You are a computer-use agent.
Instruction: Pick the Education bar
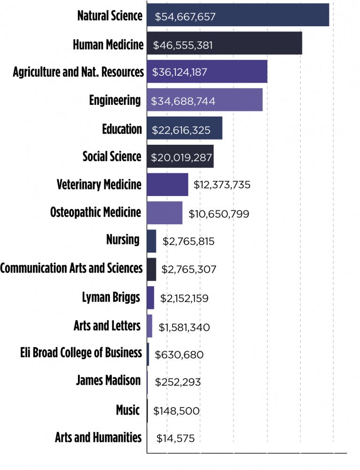point(184,129)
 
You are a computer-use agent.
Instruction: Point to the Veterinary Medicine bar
point(167,184)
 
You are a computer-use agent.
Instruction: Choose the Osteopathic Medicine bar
point(164,213)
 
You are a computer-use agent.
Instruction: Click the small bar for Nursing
point(151,241)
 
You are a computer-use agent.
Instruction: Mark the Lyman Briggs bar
point(150,298)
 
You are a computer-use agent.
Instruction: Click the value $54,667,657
point(185,17)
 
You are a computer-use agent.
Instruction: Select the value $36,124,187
point(180,73)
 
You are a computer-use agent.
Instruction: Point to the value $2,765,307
point(188,270)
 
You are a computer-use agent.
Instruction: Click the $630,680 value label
point(179,354)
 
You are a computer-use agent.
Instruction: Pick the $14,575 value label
point(176,439)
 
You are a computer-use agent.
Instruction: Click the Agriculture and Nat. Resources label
point(78,72)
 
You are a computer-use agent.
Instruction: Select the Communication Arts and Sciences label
point(71,268)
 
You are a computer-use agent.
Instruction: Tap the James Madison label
point(108,380)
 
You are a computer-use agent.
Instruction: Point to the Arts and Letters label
point(107,325)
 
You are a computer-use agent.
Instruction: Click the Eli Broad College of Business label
point(81,353)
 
